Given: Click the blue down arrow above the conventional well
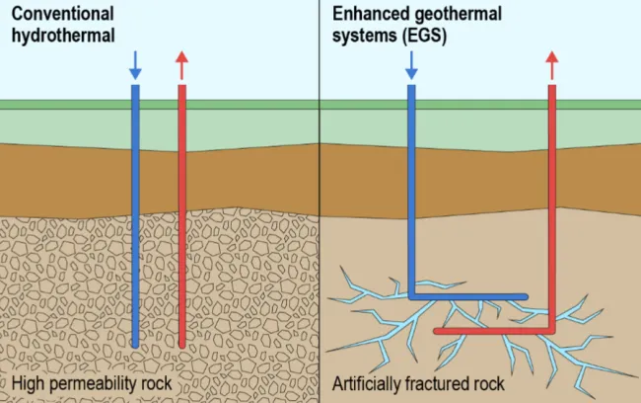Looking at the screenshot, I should tap(136, 65).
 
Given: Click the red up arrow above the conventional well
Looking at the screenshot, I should tap(181, 65).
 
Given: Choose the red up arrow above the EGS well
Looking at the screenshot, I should tap(552, 65).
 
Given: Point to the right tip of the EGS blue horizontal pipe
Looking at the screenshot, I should tap(525, 295).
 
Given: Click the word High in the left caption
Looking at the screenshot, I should tap(28, 383).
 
